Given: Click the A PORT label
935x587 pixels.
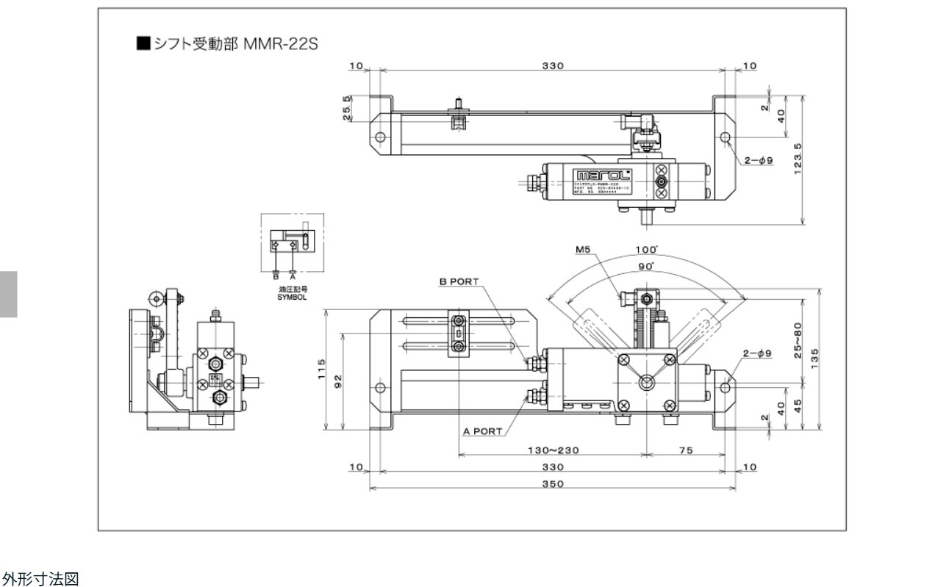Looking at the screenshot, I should click(482, 431).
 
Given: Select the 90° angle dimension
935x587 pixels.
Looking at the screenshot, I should click(646, 266).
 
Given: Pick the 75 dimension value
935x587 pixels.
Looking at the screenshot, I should click(685, 451).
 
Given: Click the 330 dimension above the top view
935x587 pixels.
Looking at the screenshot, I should click(552, 65).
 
